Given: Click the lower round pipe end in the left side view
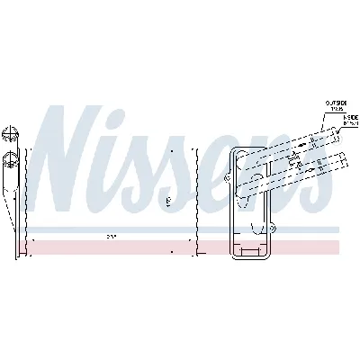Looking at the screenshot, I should tap(10, 162).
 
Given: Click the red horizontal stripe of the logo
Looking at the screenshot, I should tap(180, 246).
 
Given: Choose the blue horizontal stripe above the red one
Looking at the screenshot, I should tap(180, 229).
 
